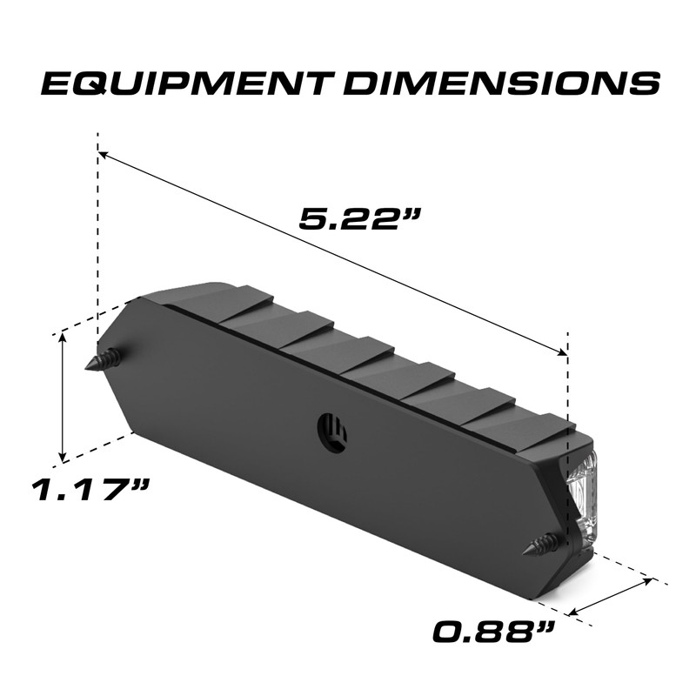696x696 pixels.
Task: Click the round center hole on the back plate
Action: coord(332,429)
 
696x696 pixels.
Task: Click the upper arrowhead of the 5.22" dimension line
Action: coord(104,156)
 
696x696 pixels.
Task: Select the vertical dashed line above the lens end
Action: coord(567,383)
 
